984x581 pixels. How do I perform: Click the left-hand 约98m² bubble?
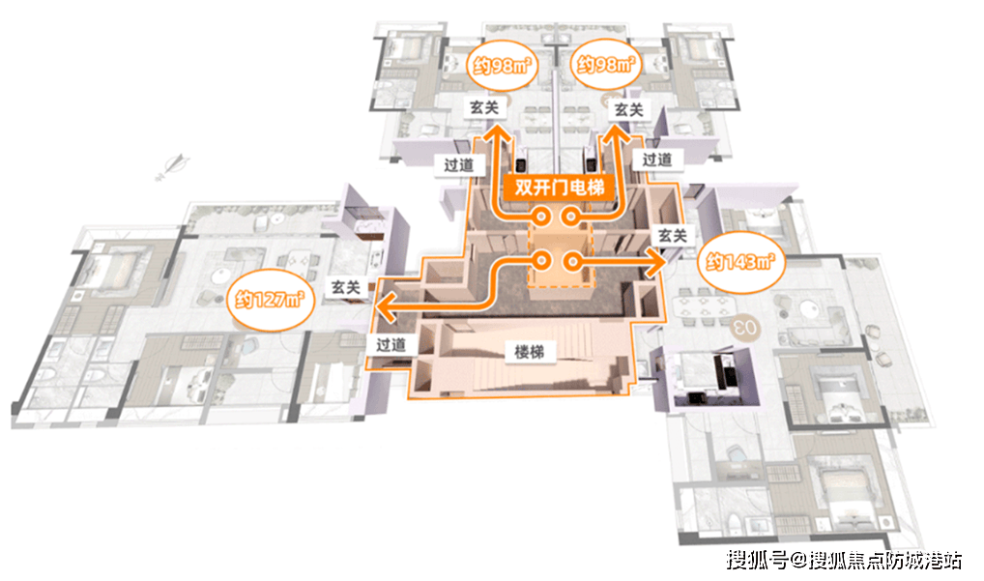pyautogui.click(x=499, y=67)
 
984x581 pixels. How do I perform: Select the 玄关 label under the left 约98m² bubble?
pyautogui.click(x=485, y=109)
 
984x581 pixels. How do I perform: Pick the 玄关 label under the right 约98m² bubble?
pyautogui.click(x=628, y=110)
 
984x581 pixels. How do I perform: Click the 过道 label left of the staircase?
pyautogui.click(x=391, y=342)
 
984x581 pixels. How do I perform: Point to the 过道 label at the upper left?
pyautogui.click(x=459, y=164)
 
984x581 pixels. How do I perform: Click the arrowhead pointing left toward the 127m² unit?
pyautogui.click(x=383, y=309)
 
